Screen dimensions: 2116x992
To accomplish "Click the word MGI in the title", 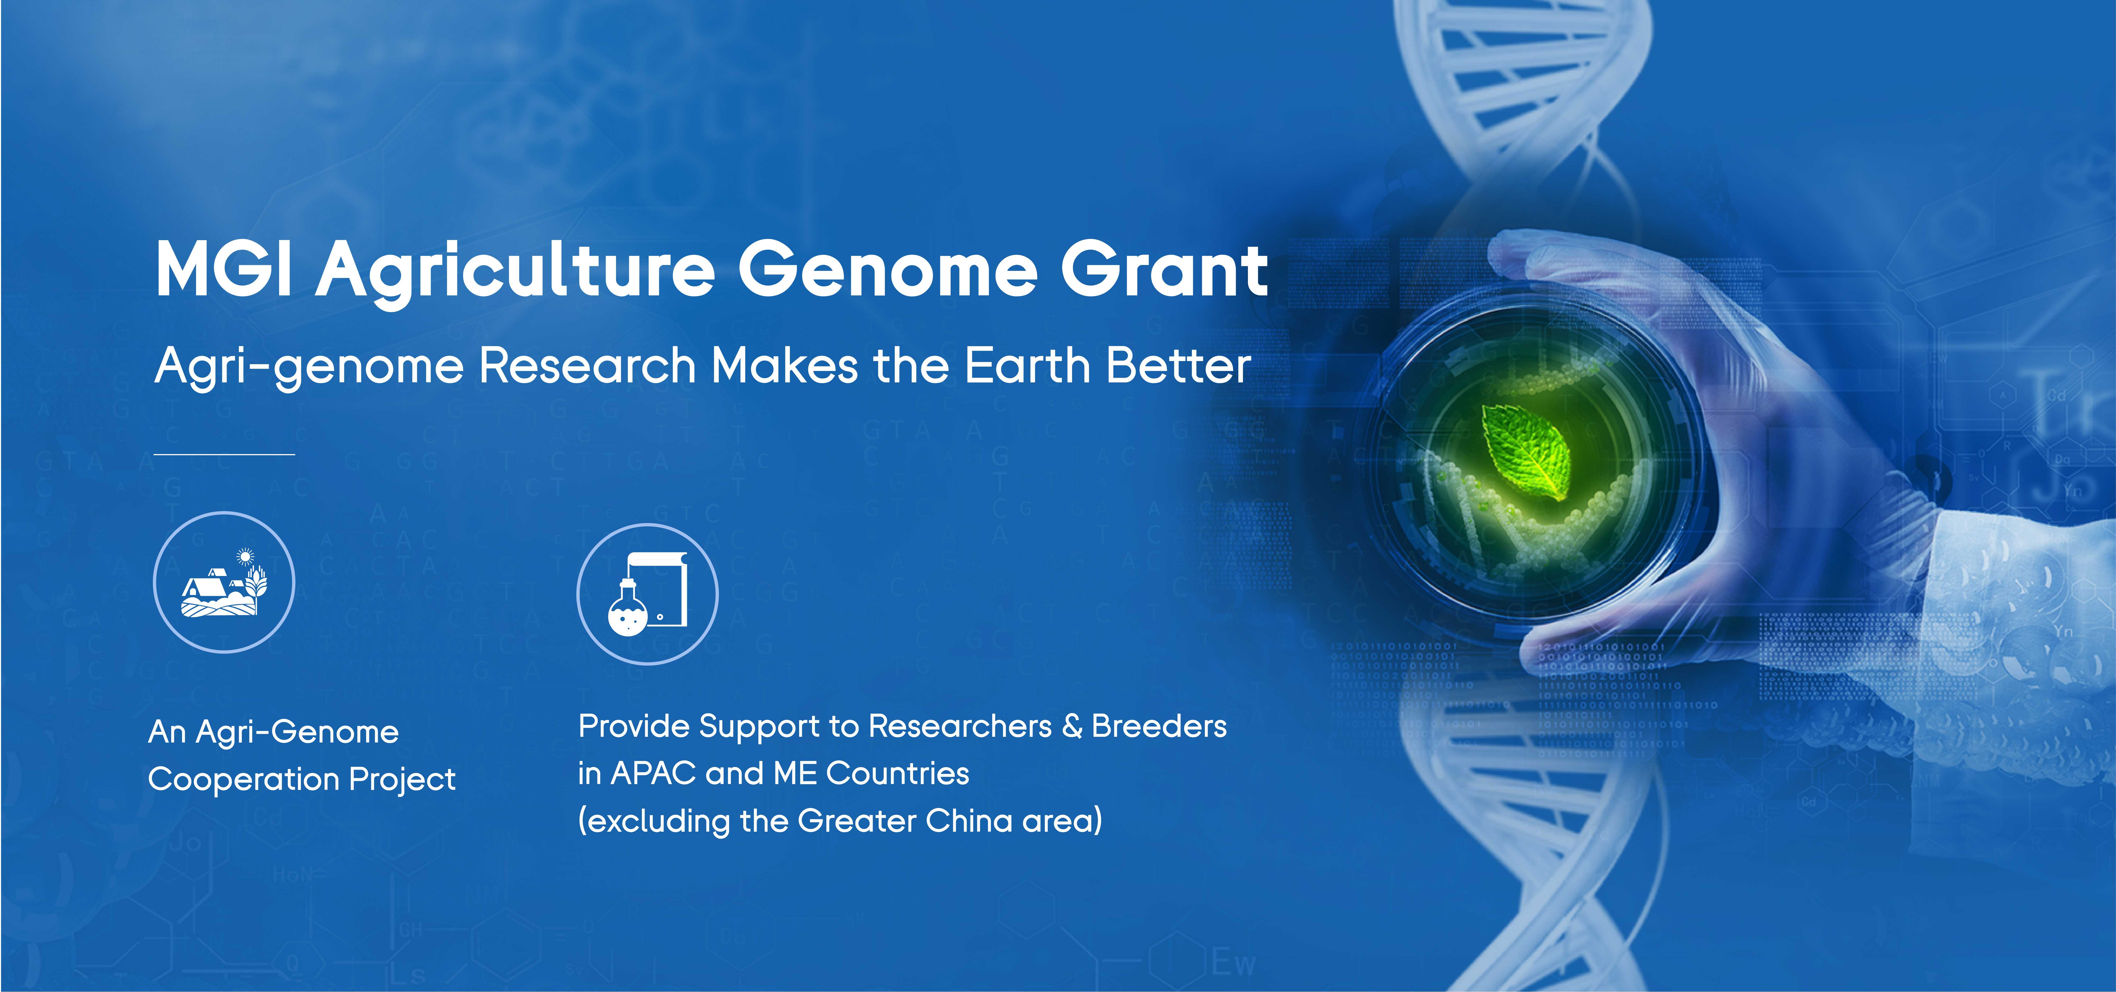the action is coord(224,269).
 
